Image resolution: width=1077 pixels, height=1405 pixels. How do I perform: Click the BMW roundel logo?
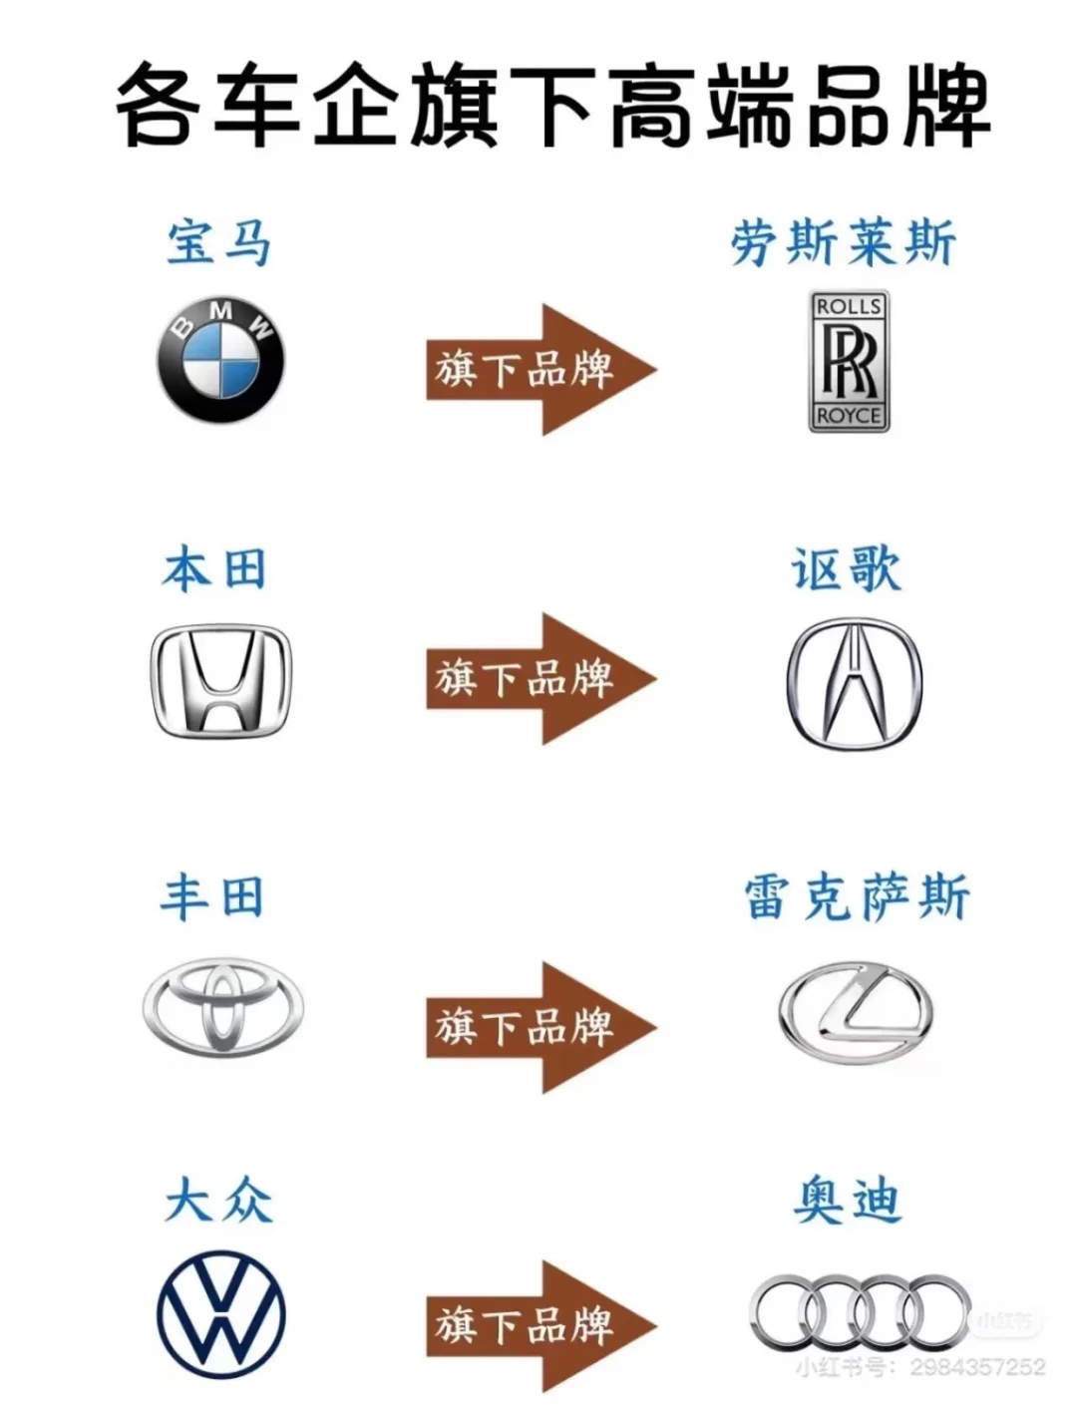pos(220,360)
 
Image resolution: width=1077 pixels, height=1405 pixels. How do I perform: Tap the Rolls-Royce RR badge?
pos(849,361)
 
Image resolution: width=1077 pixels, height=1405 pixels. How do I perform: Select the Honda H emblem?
pos(220,682)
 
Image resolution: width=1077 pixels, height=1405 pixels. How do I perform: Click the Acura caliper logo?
pos(855,683)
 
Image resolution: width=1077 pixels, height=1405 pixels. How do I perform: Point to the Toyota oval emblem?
pos(222,1006)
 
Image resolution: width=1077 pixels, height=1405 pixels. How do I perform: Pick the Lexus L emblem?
pos(856,1013)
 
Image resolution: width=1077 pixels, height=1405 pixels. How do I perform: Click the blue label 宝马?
pos(218,242)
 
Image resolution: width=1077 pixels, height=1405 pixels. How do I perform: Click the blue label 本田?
pos(214,570)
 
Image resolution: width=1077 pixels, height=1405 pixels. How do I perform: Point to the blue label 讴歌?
pos(847,570)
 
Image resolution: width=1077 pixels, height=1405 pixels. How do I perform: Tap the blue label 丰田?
pos(212,896)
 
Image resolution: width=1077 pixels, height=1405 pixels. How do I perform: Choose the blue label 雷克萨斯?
pos(857,896)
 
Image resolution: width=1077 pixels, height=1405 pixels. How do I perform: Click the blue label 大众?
pos(218,1200)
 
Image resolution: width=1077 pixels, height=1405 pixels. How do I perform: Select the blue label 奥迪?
pos(848,1200)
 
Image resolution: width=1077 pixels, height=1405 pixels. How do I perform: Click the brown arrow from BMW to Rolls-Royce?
pos(538,370)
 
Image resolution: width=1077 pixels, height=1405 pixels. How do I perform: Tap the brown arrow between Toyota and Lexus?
pos(538,1027)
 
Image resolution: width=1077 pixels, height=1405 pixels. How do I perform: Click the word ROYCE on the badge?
pos(849,416)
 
